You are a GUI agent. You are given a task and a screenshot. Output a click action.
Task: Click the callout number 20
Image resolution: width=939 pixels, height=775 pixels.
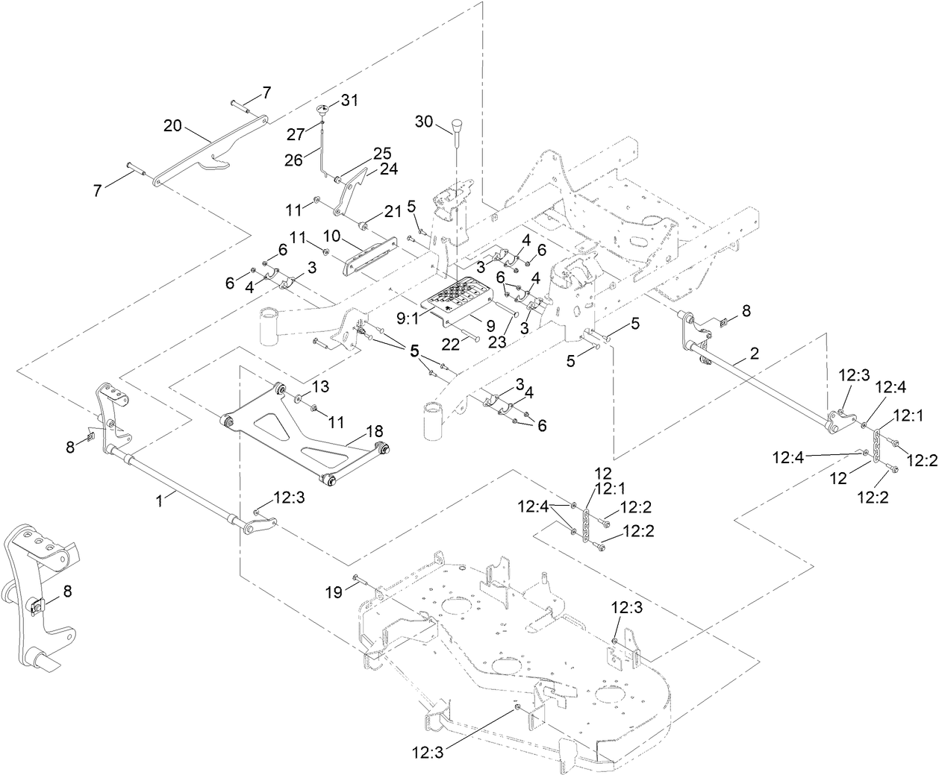173,127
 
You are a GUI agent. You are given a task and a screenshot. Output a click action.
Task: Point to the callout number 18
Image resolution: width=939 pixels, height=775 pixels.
374,431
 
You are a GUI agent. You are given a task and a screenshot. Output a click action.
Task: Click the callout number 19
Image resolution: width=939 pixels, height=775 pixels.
334,592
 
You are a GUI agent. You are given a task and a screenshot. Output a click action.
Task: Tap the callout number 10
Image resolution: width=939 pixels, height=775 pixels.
331,236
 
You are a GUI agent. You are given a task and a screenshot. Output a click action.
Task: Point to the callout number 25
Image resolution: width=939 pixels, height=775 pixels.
382,153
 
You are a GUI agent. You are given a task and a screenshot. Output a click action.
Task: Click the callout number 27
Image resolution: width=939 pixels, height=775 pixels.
297,134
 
